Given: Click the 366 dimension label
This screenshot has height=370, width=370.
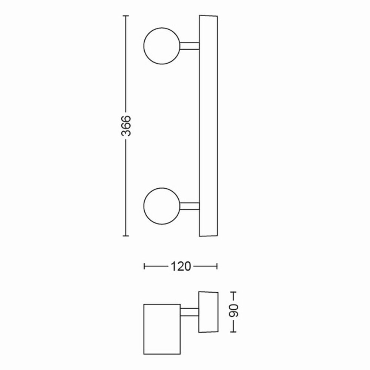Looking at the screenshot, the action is (126, 126).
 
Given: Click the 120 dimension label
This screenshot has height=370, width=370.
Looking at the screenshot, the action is (181, 266).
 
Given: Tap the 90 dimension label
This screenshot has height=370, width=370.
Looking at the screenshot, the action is (233, 311).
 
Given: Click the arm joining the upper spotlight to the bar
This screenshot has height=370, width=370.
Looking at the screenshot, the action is (190, 46).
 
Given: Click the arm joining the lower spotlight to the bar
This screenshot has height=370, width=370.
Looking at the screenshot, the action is (190, 206).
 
